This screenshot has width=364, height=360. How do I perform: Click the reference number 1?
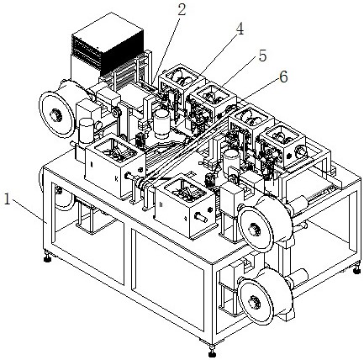point(8,200)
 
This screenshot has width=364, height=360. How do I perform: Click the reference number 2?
point(182,10)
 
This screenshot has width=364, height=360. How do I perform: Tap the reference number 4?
point(240,29)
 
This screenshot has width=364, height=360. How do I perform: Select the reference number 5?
point(262,56)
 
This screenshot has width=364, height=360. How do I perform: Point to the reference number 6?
point(283,77)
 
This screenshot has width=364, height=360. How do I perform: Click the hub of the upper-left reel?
point(55,114)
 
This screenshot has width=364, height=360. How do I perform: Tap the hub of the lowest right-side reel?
point(255,302)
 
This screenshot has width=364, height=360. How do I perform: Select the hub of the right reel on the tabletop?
point(255,230)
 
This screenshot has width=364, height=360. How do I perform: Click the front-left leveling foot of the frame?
point(47,257)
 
